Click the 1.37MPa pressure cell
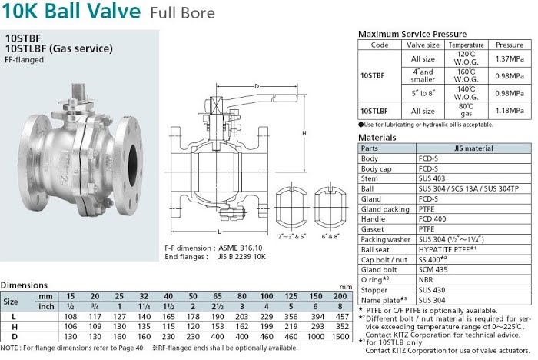point(509,58)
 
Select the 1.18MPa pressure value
point(509,111)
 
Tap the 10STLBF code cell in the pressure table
point(374,111)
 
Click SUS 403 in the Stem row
point(432,178)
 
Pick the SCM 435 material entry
point(433,270)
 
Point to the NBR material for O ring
point(426,280)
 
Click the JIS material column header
point(473,148)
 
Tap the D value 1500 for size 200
point(340,337)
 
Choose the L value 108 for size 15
point(71,316)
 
